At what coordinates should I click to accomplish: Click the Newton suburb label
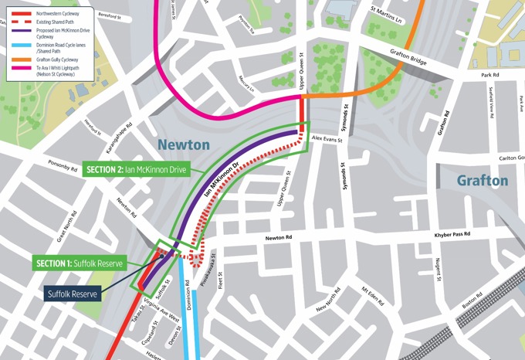pos(183,144)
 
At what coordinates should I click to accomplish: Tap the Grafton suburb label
pos(483,180)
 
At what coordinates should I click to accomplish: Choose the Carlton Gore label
pos(511,158)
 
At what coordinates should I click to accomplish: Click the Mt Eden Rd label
pos(376,297)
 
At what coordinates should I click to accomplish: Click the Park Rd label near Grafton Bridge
pos(491,76)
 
